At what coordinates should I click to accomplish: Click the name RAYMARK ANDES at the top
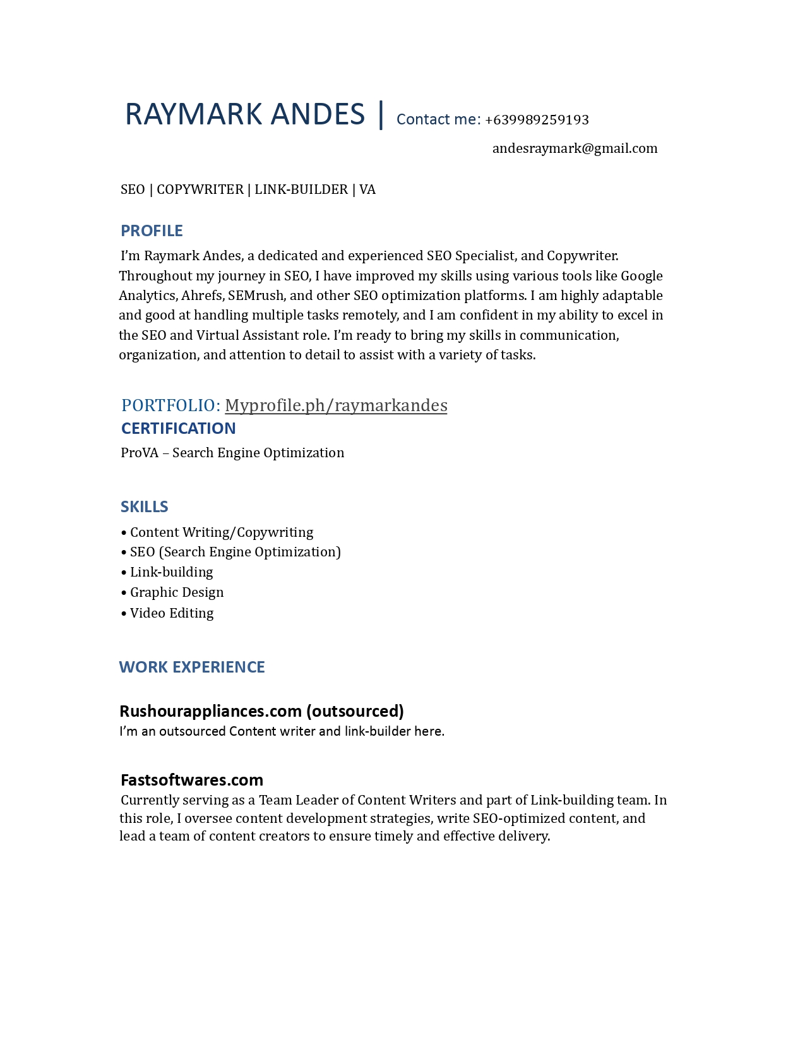(245, 114)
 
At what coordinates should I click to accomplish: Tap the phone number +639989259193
(537, 119)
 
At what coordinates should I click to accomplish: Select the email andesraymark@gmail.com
(575, 148)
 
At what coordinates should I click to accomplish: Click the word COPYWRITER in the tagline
(200, 189)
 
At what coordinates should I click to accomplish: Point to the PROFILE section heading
(152, 231)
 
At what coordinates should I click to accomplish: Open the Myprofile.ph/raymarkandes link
(336, 405)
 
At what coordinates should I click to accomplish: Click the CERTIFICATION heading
(178, 428)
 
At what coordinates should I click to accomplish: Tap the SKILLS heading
(144, 506)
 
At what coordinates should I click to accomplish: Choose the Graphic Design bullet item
(177, 592)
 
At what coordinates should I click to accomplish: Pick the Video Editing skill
(172, 613)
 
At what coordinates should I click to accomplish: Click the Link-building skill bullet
(171, 572)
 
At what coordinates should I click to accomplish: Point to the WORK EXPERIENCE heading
(191, 667)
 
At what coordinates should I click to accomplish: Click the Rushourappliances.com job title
(261, 711)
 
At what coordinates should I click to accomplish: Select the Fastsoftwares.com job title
(192, 780)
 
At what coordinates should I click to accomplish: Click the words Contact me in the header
(438, 119)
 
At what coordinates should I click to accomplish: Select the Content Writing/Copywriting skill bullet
(221, 532)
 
